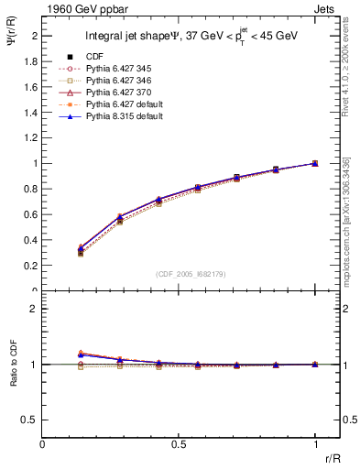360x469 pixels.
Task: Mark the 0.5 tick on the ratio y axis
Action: pyautogui.click(x=34, y=420)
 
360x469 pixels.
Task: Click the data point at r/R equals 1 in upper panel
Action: pyautogui.click(x=315, y=163)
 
